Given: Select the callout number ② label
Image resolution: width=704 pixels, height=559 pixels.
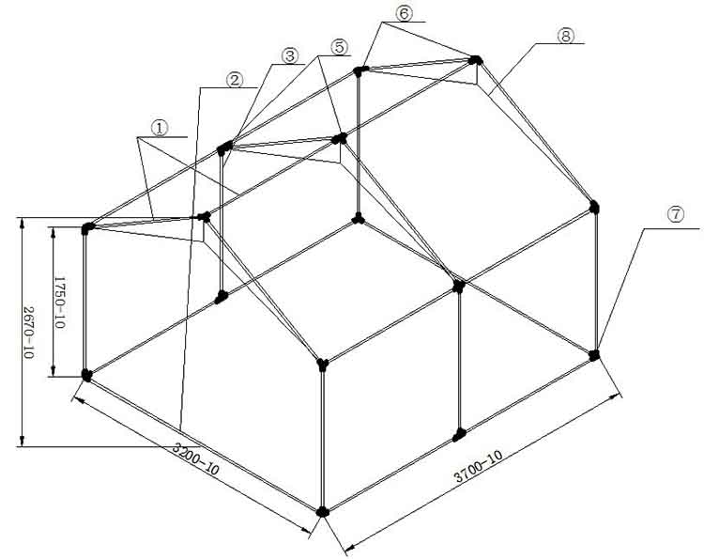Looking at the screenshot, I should coord(235,79).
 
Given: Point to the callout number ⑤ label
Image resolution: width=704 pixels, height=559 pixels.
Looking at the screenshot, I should coord(339,46).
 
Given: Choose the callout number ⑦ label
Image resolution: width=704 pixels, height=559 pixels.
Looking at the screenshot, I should coord(674,214).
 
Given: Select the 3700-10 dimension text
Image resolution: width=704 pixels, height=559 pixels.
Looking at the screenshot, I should coord(478,467).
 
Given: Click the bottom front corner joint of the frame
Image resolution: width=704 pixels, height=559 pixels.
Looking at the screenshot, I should coord(323,511).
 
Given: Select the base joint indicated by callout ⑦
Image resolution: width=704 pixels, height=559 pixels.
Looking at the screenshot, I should coord(594,354).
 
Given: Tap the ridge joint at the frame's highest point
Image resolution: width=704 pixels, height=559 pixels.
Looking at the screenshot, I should coord(476,60).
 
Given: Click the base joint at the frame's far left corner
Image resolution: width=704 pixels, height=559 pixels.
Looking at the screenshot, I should coord(87,375).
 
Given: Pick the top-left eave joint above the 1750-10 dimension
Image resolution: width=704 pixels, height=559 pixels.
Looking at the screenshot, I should coord(88,227).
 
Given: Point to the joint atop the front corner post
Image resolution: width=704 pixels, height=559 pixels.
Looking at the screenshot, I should coord(322,363).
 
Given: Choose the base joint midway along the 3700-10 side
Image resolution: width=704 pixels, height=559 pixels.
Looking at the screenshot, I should coord(459,435).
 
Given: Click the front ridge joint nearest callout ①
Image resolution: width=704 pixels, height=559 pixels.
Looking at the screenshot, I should coord(203,217).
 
